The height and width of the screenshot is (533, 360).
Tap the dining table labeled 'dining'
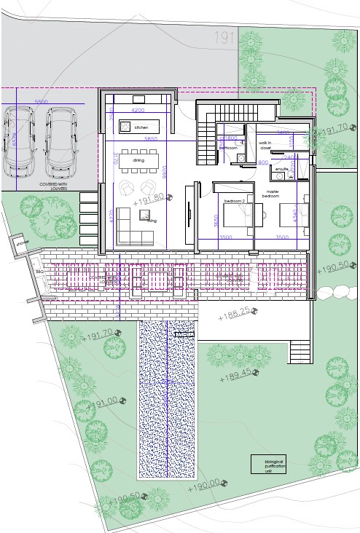click(x=138, y=159)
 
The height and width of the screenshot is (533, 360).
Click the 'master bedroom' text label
click(x=272, y=194)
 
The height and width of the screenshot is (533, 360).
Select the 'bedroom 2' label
click(x=234, y=200)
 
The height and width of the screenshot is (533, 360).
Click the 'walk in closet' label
click(x=264, y=145)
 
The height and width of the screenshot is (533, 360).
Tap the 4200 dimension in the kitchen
click(x=136, y=110)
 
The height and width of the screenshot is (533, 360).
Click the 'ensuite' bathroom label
click(x=279, y=168)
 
